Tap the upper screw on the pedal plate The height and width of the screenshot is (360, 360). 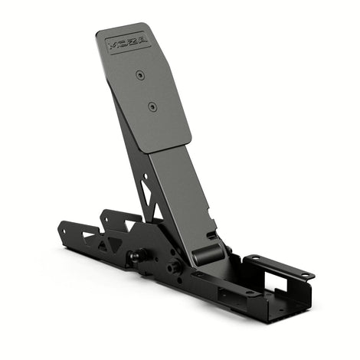(x=139, y=74)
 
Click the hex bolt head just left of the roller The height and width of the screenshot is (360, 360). (x=175, y=267)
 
